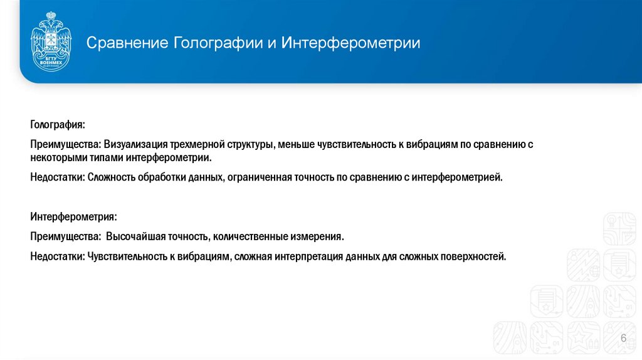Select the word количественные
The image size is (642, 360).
(249, 237)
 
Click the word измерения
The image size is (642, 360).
(317, 237)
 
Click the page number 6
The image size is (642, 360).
(623, 339)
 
